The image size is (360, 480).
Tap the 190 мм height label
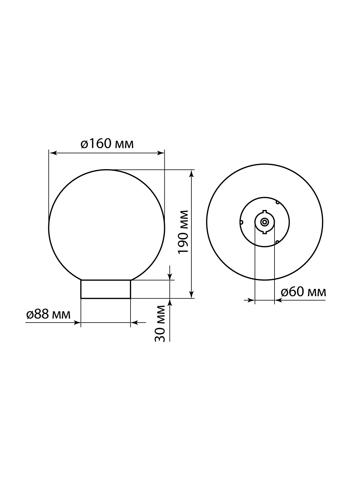tap(183, 232)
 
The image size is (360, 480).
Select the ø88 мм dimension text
tap(48, 315)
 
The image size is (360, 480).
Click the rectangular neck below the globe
tap(106, 289)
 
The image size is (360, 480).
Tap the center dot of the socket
tap(265, 222)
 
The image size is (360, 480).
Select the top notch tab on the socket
tap(265, 211)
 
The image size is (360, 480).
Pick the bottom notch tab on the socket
tap(265, 233)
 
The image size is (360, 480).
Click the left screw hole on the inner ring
tap(241, 222)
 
